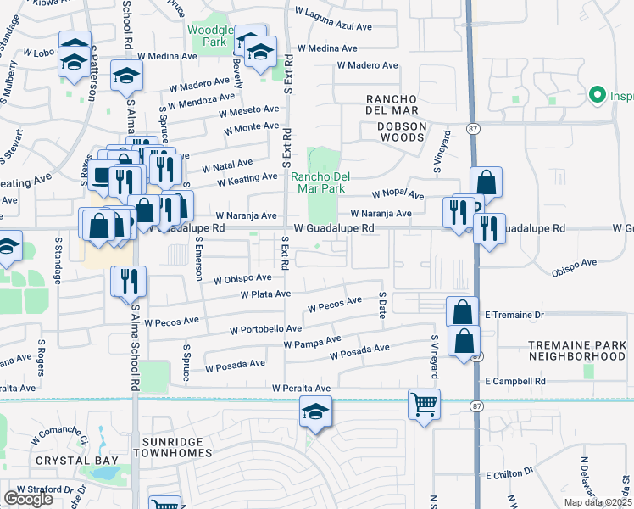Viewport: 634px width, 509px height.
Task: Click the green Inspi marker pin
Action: tap(596, 94)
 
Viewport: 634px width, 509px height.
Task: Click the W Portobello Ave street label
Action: tap(265, 329)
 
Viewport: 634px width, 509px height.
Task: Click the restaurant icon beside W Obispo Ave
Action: tap(129, 280)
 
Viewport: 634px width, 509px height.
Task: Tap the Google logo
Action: tap(28, 499)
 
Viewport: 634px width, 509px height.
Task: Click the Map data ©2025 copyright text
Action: tap(598, 502)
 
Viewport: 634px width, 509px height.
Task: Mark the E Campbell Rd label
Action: tap(515, 382)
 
